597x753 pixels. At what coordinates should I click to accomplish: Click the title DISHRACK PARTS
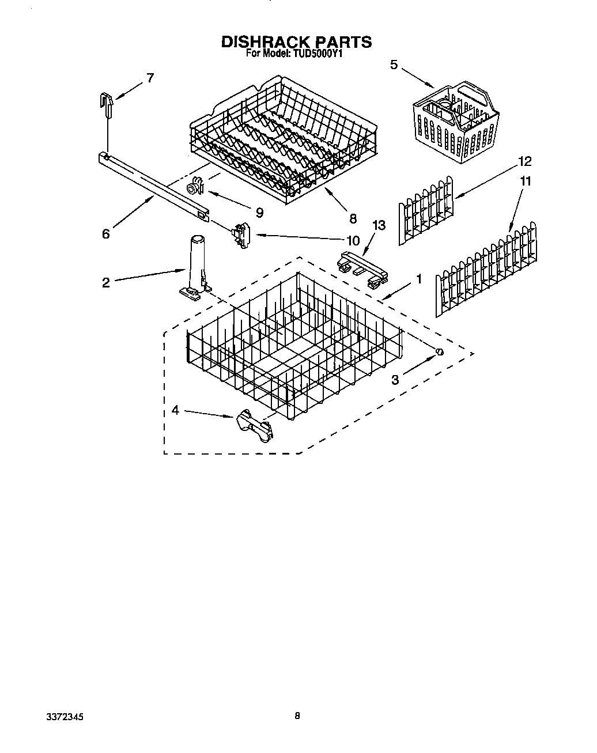[x=296, y=41]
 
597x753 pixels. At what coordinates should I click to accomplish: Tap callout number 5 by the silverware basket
[x=394, y=65]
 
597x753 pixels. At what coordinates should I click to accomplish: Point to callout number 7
[x=150, y=78]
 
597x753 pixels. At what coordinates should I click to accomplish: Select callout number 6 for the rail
[x=105, y=234]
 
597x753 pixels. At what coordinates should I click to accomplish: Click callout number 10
[x=352, y=240]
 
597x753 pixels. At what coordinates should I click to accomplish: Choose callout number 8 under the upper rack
[x=353, y=218]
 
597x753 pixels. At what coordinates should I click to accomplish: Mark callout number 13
[x=379, y=225]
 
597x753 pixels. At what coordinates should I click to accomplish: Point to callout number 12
[x=524, y=161]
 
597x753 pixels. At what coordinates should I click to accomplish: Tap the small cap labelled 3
[x=439, y=352]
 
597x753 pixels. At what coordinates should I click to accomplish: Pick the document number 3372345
[x=65, y=718]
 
